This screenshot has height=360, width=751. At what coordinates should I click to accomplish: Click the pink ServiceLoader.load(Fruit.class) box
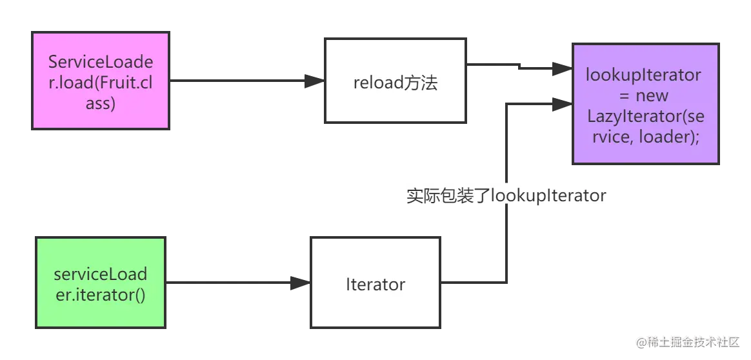point(101,82)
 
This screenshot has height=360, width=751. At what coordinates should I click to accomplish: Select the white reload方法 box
point(396,81)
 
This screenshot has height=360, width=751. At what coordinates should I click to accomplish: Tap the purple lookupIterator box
point(644,103)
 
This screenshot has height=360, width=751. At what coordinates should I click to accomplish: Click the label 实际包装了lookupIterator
point(506,195)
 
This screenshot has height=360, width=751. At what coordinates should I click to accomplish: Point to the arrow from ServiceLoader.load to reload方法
point(239,81)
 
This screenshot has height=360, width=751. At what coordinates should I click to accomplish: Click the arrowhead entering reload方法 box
point(314,81)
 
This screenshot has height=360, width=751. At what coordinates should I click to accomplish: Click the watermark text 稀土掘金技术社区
point(692,341)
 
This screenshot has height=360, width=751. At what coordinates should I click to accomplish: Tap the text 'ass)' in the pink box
point(101,103)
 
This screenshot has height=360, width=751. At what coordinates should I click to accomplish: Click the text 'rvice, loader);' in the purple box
point(644,137)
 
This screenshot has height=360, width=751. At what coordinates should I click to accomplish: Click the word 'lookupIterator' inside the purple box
point(643,75)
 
